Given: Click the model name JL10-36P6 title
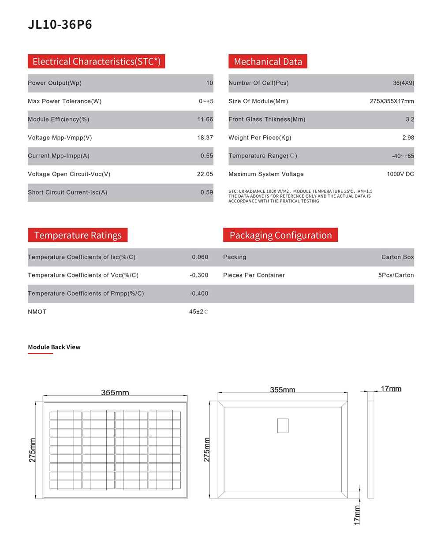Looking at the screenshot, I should click(60, 25).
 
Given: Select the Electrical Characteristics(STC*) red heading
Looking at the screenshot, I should click(96, 61).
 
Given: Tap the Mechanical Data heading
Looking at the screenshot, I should click(268, 62).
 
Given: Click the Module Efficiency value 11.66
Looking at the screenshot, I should click(205, 120).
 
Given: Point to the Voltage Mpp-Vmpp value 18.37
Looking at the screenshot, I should click(205, 138).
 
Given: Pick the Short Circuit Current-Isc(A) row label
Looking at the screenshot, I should click(67, 192).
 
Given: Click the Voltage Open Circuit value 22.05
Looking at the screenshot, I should click(205, 174).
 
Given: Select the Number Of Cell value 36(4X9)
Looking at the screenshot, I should click(404, 83).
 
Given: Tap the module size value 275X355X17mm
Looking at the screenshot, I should click(392, 101).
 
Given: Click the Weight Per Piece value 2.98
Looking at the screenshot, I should click(408, 138).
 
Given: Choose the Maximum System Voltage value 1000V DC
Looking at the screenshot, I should click(400, 174).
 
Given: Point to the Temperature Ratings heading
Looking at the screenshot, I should click(78, 235).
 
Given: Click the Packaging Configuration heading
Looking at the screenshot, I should click(280, 235).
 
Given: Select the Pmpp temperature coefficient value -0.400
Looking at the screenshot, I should click(199, 293).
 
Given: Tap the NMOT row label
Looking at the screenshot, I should click(37, 312).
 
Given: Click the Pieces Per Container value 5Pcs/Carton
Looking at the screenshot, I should click(396, 275).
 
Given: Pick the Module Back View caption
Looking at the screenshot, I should click(54, 347).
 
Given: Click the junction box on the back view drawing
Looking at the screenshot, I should click(283, 426).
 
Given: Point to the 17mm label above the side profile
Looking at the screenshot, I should click(391, 389).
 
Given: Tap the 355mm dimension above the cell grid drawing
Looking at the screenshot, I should click(115, 393).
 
